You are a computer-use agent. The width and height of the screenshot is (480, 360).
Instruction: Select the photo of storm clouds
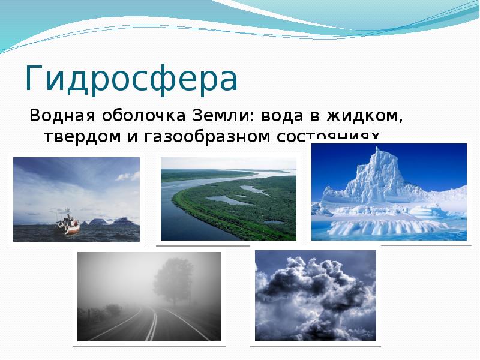point(316,295)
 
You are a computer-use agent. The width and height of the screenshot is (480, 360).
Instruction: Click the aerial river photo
point(229,199)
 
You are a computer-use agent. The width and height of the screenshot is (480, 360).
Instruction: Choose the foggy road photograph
point(149,296)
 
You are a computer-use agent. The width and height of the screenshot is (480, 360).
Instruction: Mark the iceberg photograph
point(389,191)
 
